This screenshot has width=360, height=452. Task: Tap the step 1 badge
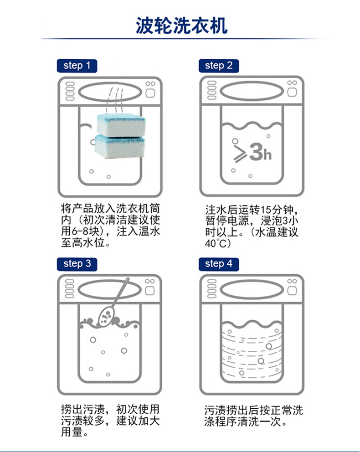[77, 66]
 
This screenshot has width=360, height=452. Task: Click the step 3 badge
[77, 263]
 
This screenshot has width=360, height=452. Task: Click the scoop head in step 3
[106, 315]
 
